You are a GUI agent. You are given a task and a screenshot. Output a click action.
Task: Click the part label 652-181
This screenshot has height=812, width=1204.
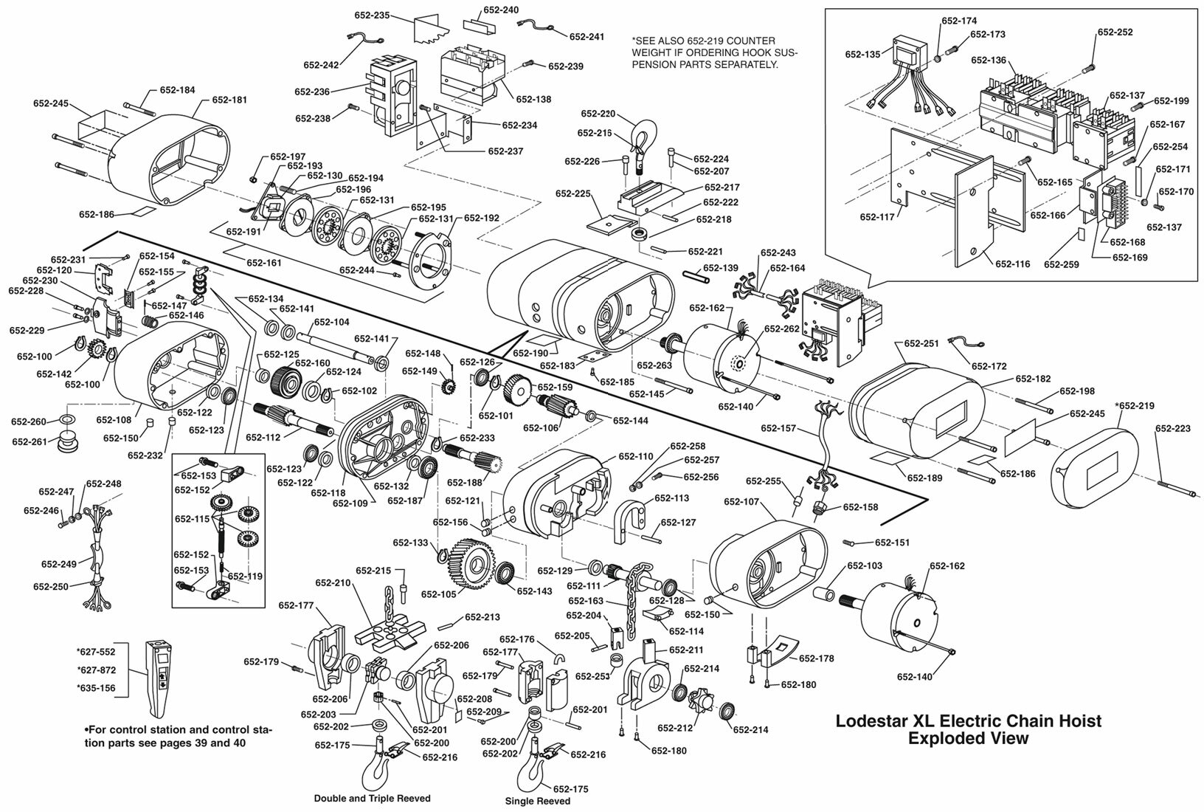point(229,100)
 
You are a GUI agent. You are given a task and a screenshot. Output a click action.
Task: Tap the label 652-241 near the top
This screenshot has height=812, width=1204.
point(587,37)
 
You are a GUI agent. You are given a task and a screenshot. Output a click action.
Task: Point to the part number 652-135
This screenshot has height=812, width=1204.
point(863,55)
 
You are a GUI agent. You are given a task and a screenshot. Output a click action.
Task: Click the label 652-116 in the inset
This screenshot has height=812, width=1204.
point(1012,264)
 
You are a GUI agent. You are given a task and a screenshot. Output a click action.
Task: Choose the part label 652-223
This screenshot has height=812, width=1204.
point(1173,428)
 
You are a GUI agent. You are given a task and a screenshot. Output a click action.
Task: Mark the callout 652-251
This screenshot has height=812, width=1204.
point(921,344)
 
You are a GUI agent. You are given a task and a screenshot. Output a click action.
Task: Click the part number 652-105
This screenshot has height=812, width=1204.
point(439,594)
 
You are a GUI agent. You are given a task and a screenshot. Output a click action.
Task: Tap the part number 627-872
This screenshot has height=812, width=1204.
point(96,671)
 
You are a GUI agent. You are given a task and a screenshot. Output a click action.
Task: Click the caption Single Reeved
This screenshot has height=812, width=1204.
point(537,801)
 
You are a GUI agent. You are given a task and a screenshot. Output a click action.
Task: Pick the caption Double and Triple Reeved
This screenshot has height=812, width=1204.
point(372,798)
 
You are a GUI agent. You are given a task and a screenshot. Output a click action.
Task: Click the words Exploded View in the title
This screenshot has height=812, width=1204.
point(968,738)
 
